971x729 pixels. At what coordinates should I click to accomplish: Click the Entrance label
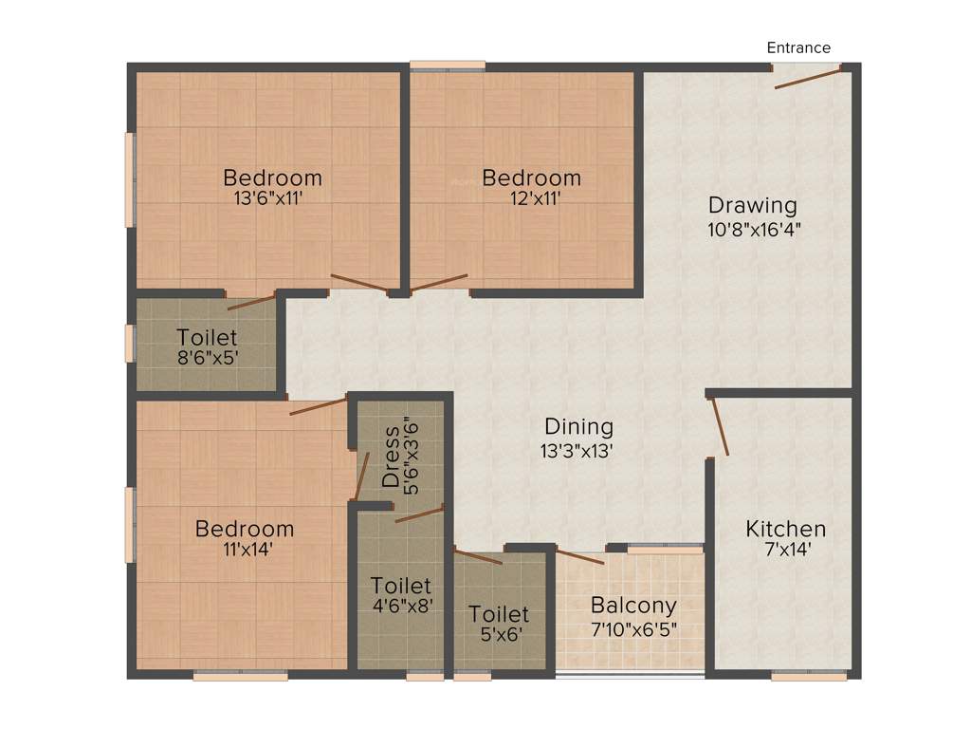pos(798,48)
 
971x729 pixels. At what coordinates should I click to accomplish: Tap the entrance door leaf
pos(807,79)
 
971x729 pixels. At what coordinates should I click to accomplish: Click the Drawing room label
pos(753,205)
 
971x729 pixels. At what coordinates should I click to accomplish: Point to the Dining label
pos(578,427)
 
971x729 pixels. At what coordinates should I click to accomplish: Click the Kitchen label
pos(785,529)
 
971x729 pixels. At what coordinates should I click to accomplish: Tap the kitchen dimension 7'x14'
pos(784,551)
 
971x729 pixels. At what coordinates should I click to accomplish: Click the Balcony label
pos(633,606)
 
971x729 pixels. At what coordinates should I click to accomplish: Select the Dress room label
pos(392,457)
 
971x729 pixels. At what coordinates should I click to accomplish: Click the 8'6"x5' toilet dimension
pos(207,360)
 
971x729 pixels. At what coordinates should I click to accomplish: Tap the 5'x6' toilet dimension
pos(499,637)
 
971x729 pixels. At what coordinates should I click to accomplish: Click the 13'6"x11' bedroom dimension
pos(272,200)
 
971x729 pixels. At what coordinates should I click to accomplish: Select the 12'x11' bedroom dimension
pos(532,200)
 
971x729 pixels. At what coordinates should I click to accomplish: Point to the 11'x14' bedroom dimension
pos(246,551)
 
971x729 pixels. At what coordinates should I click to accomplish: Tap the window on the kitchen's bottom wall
pos(809,676)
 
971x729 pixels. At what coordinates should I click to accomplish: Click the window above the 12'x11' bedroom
pos(448,65)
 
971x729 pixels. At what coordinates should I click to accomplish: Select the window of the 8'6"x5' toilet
pos(130,343)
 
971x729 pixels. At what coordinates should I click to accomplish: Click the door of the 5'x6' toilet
pos(478,556)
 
